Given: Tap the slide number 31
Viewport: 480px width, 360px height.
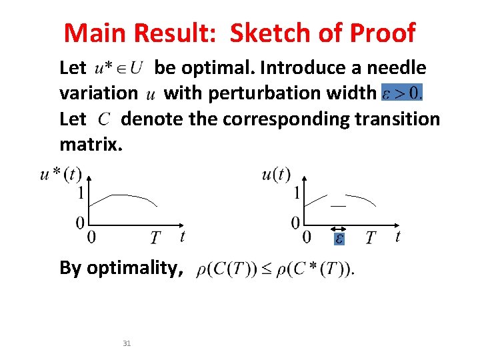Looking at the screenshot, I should pos(127,343).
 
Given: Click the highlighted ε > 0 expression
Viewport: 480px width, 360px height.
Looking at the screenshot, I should pos(402,93).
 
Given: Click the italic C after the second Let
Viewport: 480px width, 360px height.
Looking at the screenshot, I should pos(104,119).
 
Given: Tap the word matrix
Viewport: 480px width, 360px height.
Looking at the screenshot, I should pos(87,143).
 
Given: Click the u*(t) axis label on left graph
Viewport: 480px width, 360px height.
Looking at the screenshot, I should pos(61,175).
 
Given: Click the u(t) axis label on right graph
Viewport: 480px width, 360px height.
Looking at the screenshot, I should pos(276,175).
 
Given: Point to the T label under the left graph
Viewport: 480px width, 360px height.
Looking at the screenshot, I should pos(155,237).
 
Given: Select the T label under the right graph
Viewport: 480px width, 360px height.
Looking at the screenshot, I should pos(371,237).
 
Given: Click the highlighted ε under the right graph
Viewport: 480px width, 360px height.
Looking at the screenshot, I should pos(339,238).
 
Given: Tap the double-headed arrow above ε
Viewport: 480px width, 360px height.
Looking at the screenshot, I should pos(339,227).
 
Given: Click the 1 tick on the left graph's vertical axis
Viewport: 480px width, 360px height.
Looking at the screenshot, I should pos(81,194).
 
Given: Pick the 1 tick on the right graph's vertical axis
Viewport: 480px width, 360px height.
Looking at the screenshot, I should pos(297,194).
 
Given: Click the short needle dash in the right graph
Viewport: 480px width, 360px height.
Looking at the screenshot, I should pos(339,207).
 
